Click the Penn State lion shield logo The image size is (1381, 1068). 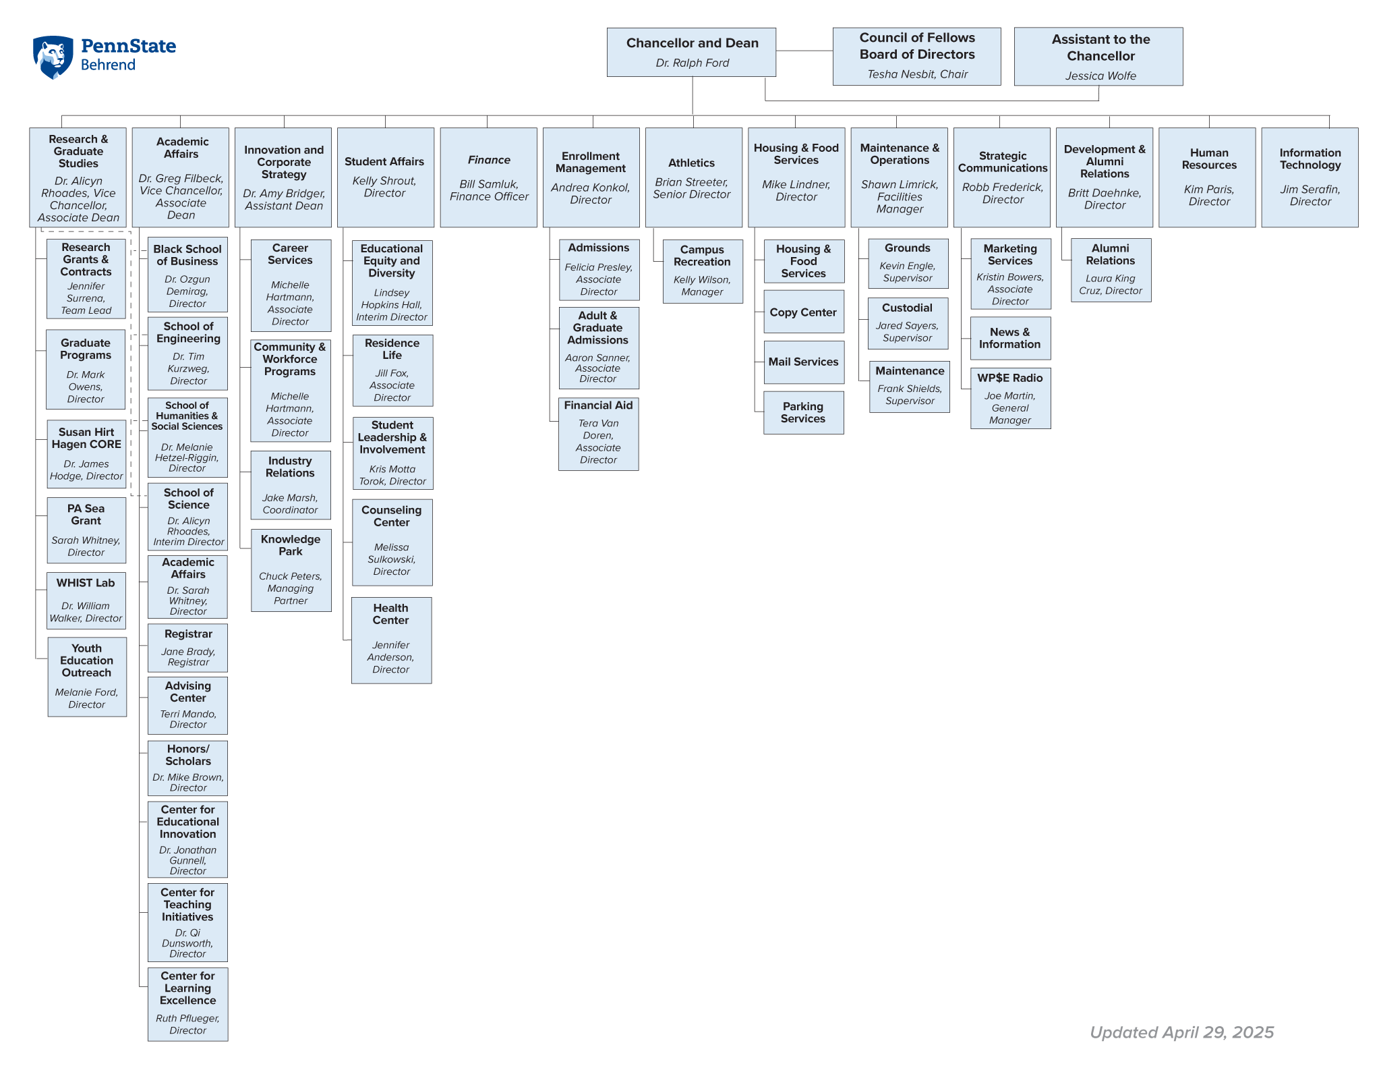[x=53, y=57]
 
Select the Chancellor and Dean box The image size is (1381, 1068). [x=691, y=52]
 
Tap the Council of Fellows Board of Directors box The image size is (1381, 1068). [x=917, y=56]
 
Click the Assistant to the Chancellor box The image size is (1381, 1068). [x=1098, y=57]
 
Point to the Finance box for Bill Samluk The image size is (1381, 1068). [x=489, y=177]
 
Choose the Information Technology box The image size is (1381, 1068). [x=1310, y=177]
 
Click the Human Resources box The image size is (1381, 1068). [x=1207, y=177]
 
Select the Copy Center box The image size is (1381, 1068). [x=804, y=312]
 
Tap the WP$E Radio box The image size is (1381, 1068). [x=1011, y=398]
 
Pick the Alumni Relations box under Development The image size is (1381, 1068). [x=1111, y=270]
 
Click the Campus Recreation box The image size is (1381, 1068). [x=703, y=271]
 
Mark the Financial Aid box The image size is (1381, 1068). [x=599, y=434]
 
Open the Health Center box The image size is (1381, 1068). [x=392, y=640]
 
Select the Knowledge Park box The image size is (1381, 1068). [x=291, y=570]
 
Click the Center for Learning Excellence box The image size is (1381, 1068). [x=188, y=1005]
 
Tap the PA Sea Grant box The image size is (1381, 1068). [x=86, y=530]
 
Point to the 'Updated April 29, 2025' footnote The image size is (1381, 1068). [x=1182, y=1032]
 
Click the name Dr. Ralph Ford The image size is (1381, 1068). [x=693, y=63]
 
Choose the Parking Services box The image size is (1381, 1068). [x=804, y=413]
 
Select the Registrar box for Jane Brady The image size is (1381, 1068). [x=188, y=648]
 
